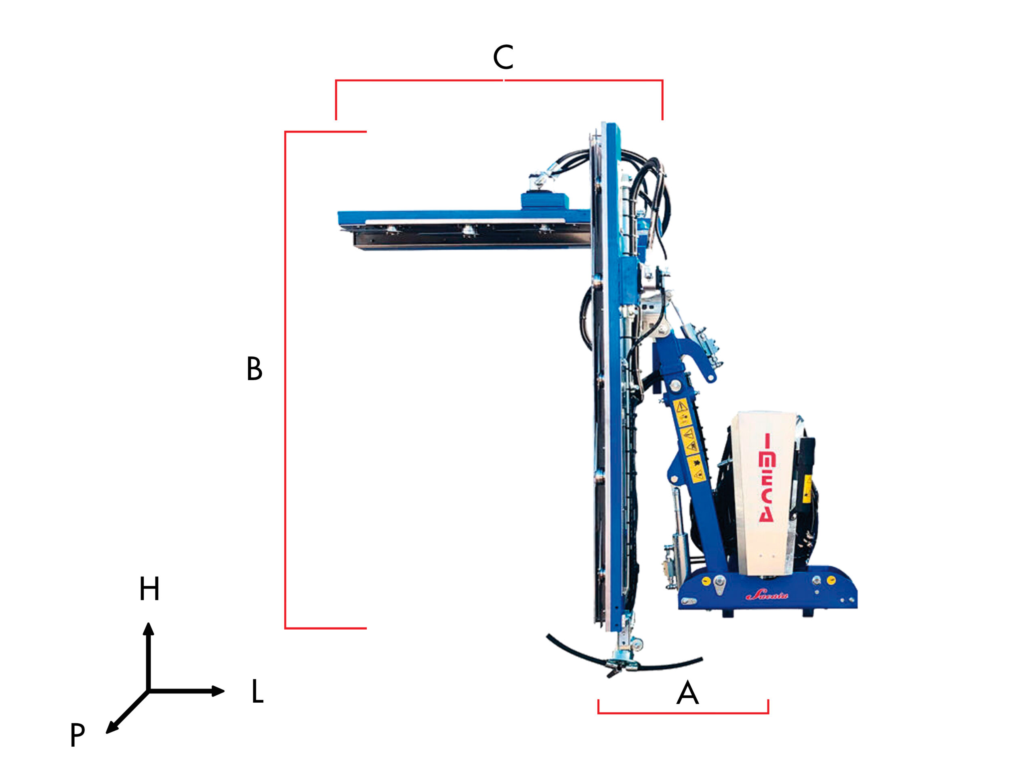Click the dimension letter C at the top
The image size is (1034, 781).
tap(503, 57)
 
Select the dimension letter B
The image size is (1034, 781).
tap(254, 369)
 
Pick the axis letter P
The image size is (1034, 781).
tap(78, 734)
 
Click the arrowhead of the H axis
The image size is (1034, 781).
tap(148, 630)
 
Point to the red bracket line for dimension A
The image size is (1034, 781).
tap(683, 713)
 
